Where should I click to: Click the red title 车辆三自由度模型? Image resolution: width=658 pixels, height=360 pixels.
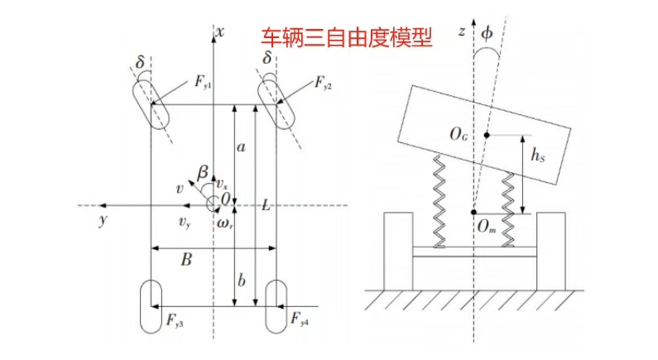click(x=347, y=37)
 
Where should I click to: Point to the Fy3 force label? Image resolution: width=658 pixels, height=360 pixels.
click(x=175, y=319)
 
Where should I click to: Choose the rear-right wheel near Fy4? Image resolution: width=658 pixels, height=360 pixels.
click(x=276, y=305)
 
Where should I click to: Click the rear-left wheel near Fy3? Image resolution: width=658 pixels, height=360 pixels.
click(x=151, y=305)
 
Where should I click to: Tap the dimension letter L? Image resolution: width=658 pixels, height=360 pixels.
click(x=265, y=204)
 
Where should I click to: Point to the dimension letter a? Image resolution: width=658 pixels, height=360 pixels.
click(x=241, y=147)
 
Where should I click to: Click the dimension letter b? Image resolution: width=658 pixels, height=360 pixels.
click(x=241, y=281)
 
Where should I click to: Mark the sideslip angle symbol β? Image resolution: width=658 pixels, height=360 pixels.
click(x=202, y=171)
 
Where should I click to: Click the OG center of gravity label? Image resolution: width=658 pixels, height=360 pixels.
click(x=459, y=132)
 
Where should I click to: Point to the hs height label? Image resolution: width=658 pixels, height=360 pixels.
click(x=538, y=154)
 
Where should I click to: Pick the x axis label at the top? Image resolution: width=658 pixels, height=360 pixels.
click(x=220, y=31)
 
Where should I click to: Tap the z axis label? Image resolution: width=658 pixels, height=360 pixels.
click(x=461, y=32)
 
